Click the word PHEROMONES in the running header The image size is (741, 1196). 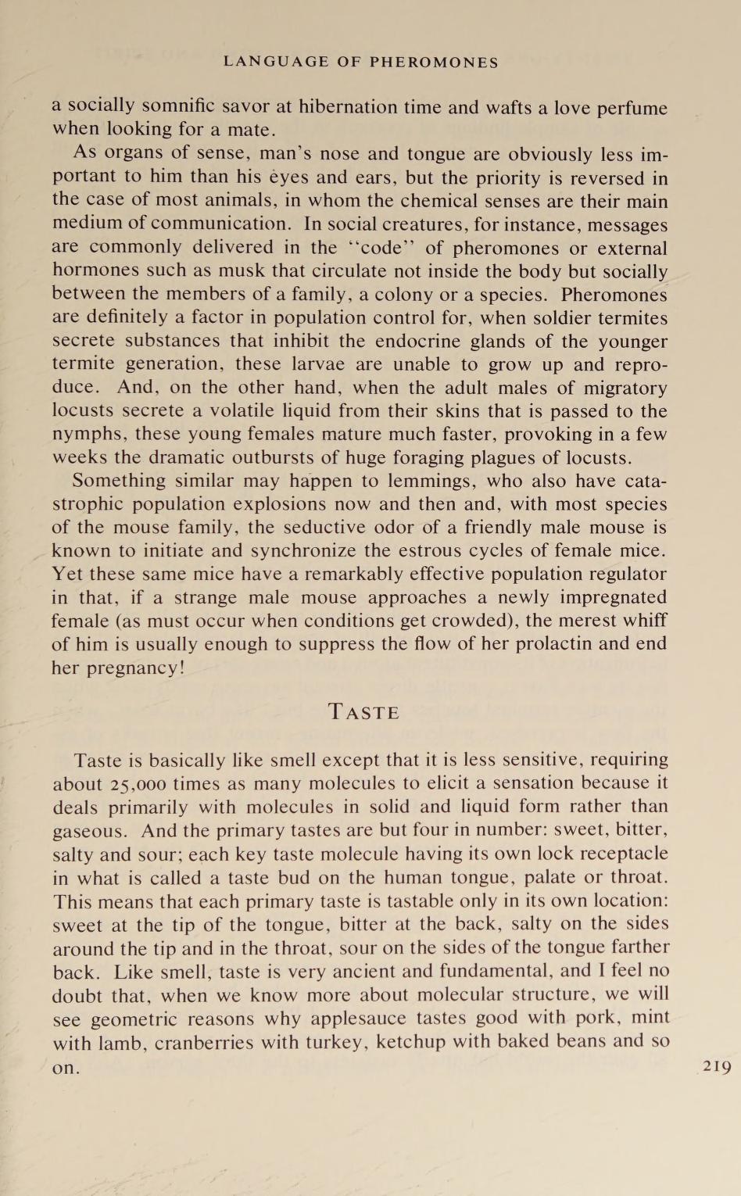point(434,62)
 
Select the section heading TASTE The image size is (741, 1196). point(364,712)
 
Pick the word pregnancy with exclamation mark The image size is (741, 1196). point(131,668)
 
